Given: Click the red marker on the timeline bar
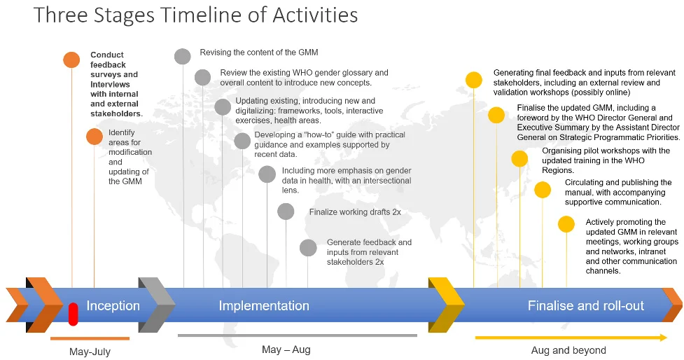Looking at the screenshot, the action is (73, 314).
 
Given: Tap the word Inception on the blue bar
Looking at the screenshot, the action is (113, 306).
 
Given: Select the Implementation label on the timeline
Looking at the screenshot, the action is (264, 306).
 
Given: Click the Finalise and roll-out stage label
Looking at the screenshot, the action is (586, 306).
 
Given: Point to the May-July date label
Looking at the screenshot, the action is (90, 352).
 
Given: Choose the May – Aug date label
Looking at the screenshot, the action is (286, 349).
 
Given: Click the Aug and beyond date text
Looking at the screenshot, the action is (568, 350).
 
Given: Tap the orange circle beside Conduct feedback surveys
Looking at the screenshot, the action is (71, 60).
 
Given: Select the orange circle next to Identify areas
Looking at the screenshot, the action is (95, 137).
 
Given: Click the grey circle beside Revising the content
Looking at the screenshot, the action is (183, 57).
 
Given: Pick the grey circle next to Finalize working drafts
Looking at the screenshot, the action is (286, 212).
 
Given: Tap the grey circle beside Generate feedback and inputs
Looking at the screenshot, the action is (308, 248).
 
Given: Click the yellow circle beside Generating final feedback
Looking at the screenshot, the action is (474, 81).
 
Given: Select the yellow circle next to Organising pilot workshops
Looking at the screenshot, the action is (519, 159).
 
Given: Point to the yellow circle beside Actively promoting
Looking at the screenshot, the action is (566, 224).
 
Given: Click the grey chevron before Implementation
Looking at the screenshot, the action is (157, 305).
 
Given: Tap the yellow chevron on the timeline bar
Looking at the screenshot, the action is (446, 305).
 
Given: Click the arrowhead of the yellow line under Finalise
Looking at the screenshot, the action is (664, 338).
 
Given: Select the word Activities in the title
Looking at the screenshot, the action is (315, 15).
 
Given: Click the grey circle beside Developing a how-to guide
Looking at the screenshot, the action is (242, 141).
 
